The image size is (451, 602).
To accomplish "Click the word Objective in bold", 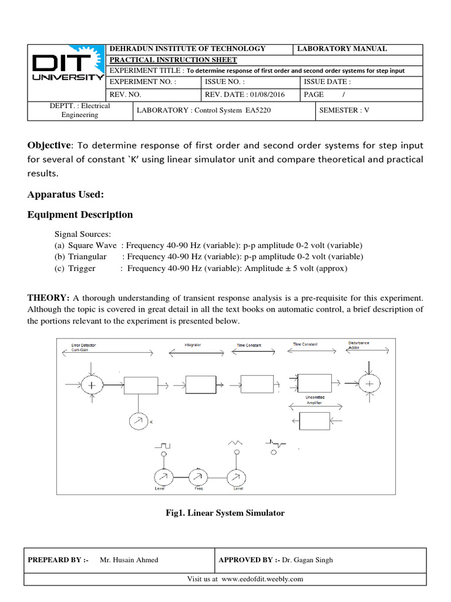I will (x=49, y=145).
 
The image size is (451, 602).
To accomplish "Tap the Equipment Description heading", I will (x=80, y=215).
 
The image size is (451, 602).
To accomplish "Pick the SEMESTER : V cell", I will (x=344, y=110).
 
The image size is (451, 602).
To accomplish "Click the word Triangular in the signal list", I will (x=87, y=257).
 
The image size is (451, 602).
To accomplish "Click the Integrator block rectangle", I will (x=200, y=384).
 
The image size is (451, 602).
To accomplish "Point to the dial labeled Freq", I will (x=198, y=477).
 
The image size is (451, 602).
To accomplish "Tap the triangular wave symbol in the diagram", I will (x=236, y=442).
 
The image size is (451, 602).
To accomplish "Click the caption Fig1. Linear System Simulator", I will (x=225, y=513).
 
